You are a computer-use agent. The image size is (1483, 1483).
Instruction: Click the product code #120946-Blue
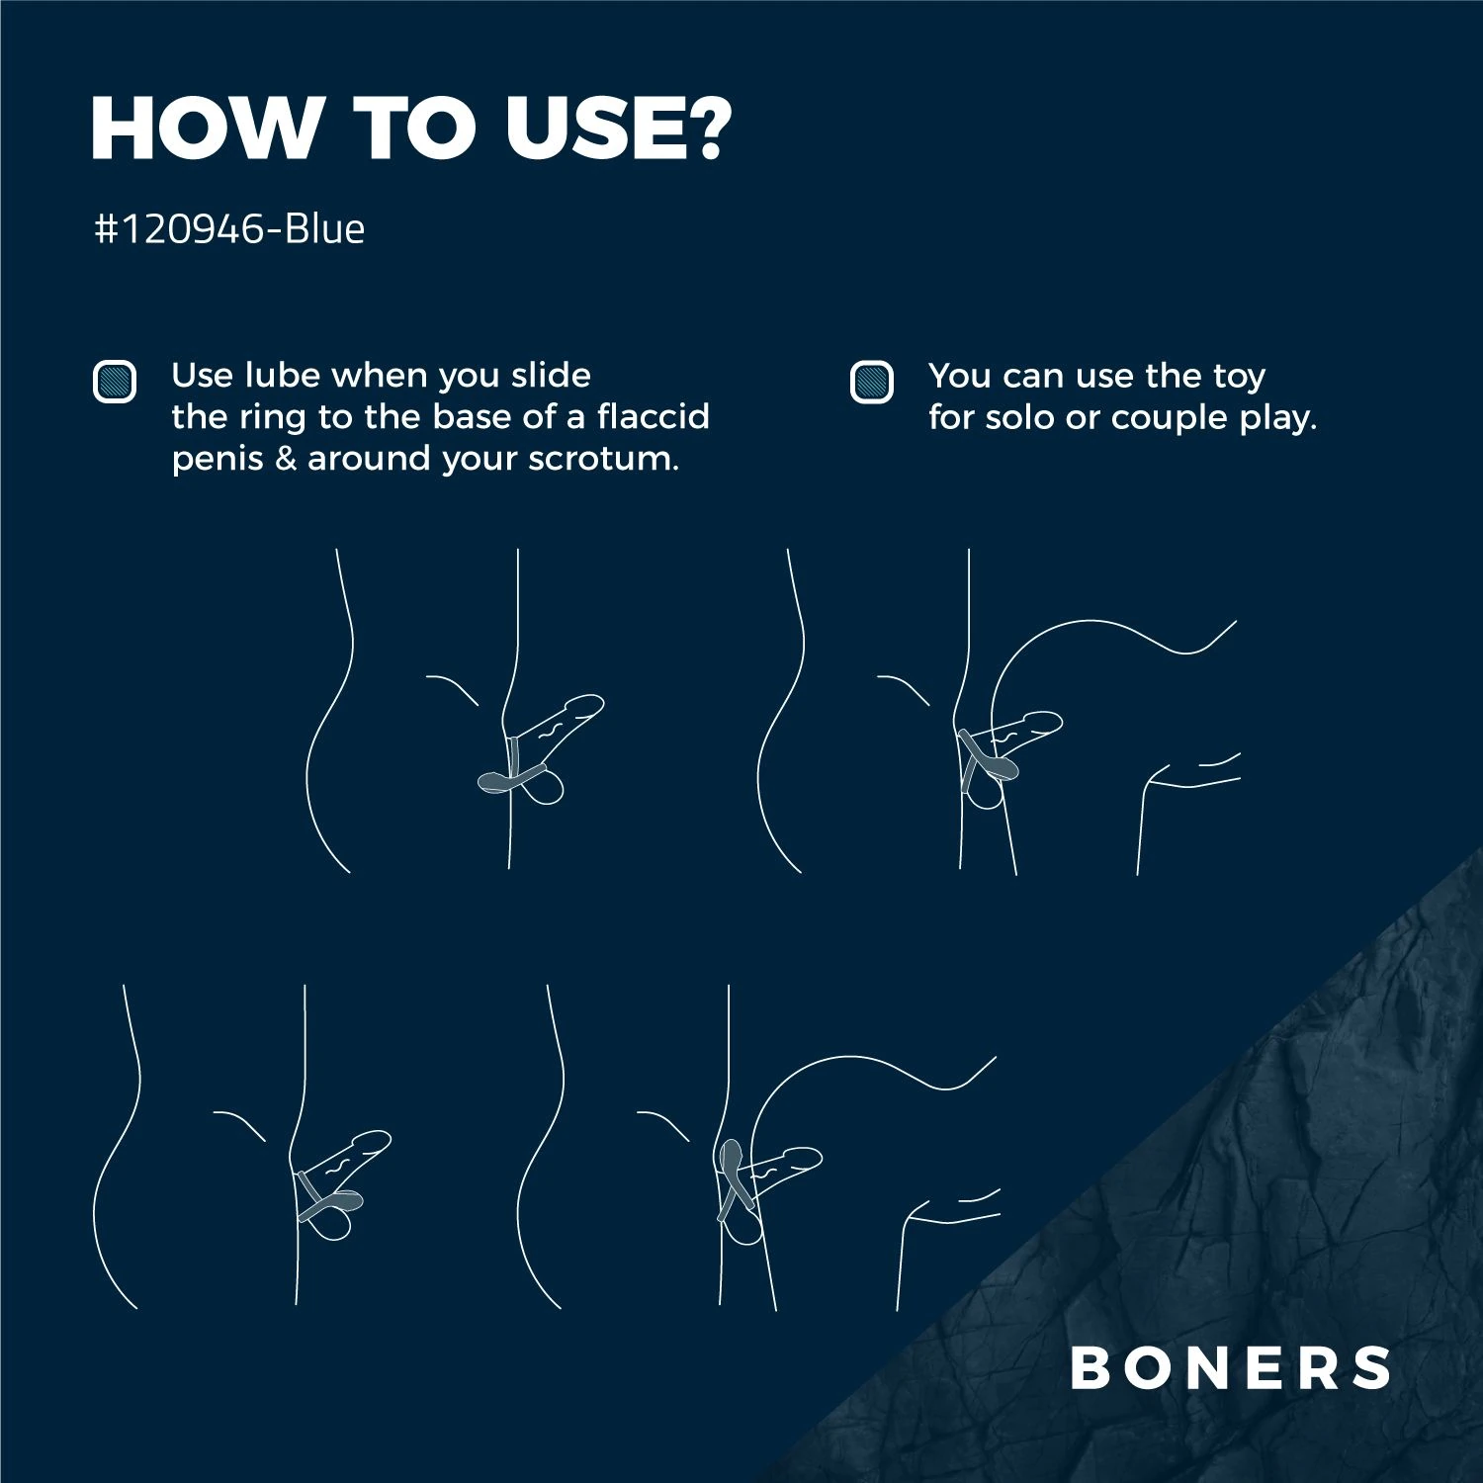point(229,228)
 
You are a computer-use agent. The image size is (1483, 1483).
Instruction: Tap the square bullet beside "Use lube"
point(115,382)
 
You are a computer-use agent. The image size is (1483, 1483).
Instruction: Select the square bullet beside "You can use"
point(872,382)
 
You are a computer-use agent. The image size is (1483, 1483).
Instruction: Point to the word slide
point(551,375)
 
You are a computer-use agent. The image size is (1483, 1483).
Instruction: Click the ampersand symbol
point(286,459)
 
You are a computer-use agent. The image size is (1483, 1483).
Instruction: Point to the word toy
point(1239,377)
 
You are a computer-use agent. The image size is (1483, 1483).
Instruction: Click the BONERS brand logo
point(1231,1367)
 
